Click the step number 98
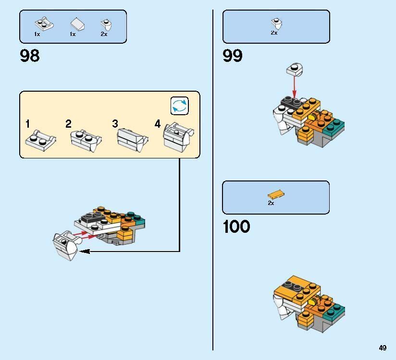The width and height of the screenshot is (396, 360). [30, 56]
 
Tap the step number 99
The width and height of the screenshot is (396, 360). [233, 56]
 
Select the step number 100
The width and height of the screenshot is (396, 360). [236, 226]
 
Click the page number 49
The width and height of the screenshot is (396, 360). [383, 348]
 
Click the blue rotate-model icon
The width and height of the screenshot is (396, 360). [180, 106]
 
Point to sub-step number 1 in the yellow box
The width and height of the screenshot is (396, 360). [28, 124]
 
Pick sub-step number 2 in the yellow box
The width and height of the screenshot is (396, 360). [68, 124]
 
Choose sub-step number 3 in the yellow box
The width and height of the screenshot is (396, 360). [115, 124]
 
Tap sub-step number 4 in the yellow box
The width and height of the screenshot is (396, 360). [158, 124]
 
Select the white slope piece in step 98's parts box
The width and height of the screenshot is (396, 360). [77, 24]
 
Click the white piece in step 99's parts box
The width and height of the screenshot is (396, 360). [276, 24]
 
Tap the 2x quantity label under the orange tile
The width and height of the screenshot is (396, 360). [271, 203]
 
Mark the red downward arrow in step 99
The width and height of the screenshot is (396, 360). [294, 86]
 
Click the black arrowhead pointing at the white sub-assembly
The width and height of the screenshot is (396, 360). [85, 251]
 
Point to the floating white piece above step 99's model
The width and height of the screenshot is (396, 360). [295, 70]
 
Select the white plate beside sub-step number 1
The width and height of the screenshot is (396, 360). [41, 140]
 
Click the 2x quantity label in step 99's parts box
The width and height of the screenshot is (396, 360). [274, 33]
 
